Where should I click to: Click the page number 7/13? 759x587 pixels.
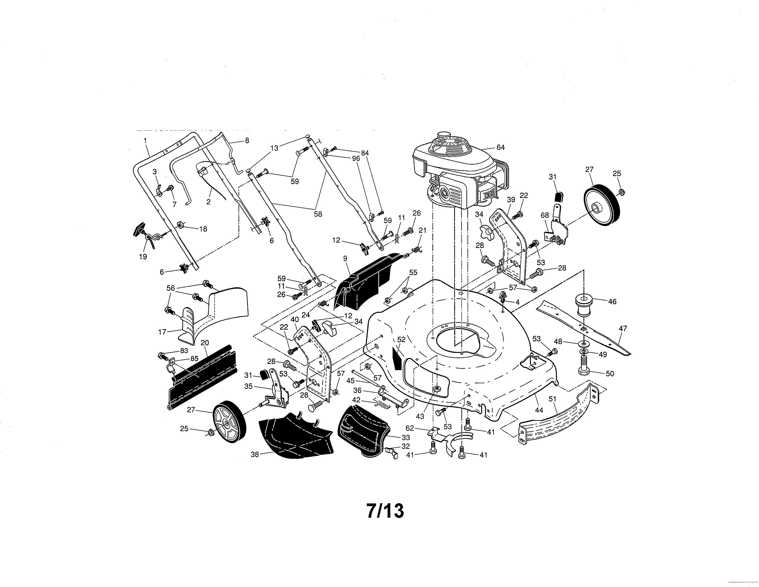coord(385,511)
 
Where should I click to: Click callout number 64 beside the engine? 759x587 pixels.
coord(500,148)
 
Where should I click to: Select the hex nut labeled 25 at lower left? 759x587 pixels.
coord(210,432)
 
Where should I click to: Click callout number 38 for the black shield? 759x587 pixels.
coord(255,454)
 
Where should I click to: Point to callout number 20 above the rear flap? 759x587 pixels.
coord(205,343)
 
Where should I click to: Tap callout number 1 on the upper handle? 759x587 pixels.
coord(145,140)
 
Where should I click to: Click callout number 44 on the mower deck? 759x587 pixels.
coord(539,410)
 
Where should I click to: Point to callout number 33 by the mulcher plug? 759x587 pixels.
coord(405,437)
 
